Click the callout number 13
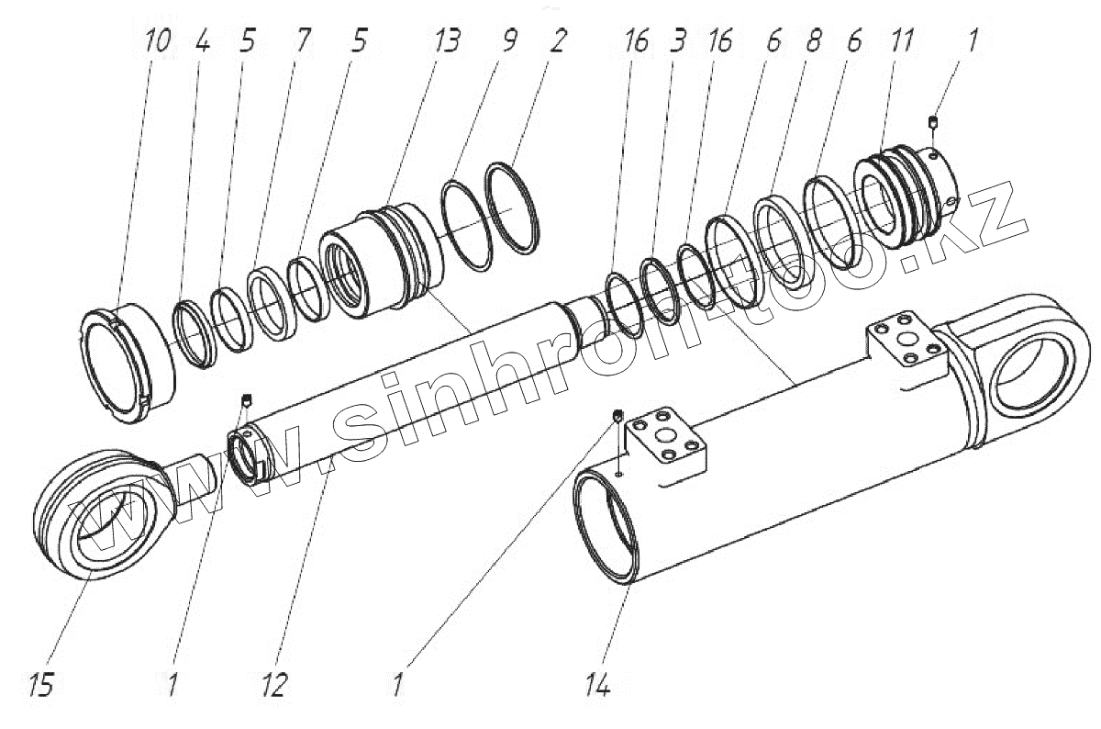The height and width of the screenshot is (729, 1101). [x=448, y=42]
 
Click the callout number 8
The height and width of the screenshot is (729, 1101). [x=809, y=42]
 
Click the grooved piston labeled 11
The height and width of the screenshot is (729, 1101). [x=904, y=198]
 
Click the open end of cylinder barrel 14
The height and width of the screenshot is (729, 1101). [x=605, y=533]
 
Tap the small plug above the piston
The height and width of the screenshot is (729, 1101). [x=934, y=122]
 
